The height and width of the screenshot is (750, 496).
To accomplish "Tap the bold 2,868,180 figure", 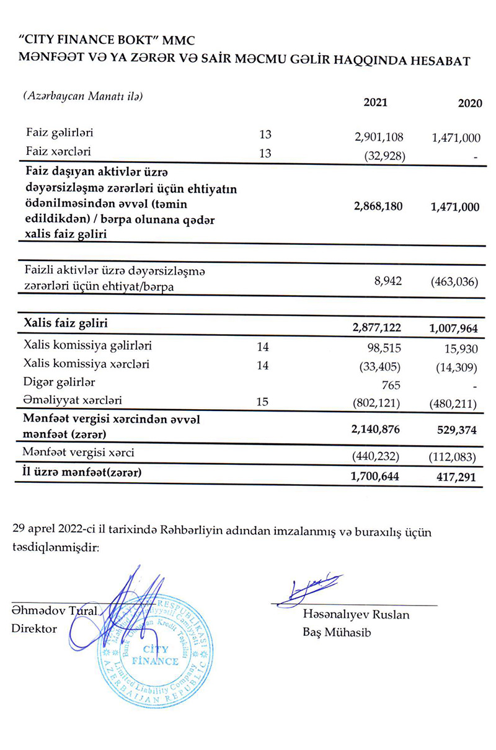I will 377,207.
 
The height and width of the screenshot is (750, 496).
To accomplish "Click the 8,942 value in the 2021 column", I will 388,281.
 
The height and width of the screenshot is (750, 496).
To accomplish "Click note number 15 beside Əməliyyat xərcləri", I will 263,402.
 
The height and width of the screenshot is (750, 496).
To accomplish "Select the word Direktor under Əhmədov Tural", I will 34,628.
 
